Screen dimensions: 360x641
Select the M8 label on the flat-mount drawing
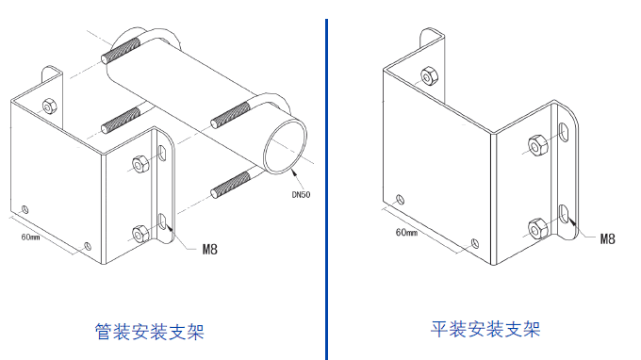(x=608, y=239)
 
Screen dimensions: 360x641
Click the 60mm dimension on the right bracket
(x=406, y=232)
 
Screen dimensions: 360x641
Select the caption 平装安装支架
(x=485, y=329)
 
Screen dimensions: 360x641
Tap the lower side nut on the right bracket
(x=535, y=228)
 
